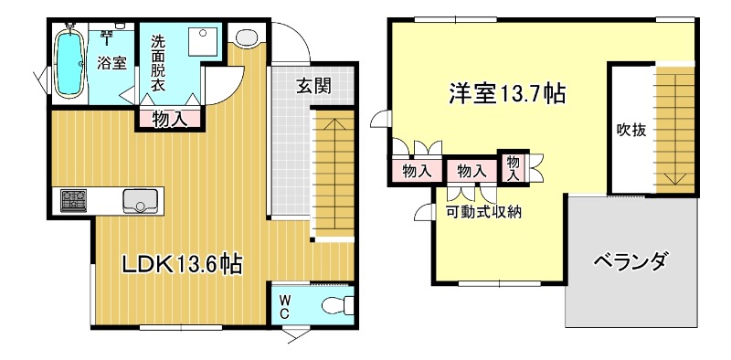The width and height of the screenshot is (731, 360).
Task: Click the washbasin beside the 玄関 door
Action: pos(247,37)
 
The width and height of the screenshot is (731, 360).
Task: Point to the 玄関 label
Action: pos(312,87)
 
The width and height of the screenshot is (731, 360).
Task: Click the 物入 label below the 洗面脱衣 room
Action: pos(169,119)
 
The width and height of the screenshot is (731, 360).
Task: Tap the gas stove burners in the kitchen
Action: pos(74,200)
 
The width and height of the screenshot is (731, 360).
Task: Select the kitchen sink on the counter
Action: pos(142,199)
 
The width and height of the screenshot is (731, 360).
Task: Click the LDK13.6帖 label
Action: pos(183,265)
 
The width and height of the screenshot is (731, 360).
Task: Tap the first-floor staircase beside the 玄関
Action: pos(334,174)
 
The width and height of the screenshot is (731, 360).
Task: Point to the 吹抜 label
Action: pos(630,130)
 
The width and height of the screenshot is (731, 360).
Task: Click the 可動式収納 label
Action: pos(483,213)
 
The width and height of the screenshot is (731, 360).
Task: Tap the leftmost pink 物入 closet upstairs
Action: pos(418,171)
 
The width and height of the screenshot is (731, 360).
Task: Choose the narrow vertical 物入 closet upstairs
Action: pos(512,165)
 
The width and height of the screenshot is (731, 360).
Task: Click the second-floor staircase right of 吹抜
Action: pos(675,128)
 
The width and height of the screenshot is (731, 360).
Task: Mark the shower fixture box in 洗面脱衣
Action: pos(200,42)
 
